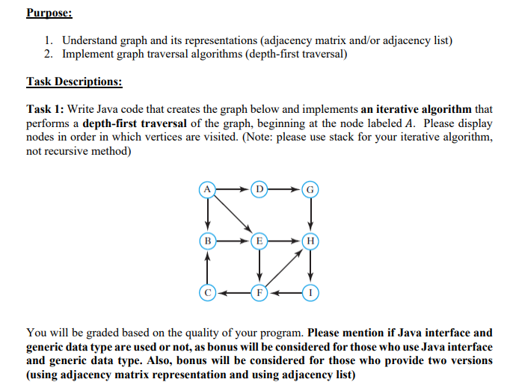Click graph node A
pyautogui.click(x=207, y=190)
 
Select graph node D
pyautogui.click(x=259, y=190)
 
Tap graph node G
pyautogui.click(x=310, y=190)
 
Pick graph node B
pyautogui.click(x=207, y=241)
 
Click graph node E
pyautogui.click(x=259, y=241)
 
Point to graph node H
pyautogui.click(x=310, y=241)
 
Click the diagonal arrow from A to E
pyautogui.click(x=233, y=215)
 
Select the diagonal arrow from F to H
pyautogui.click(x=285, y=266)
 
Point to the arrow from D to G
pyautogui.click(x=285, y=190)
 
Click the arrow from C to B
pyautogui.click(x=207, y=266)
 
